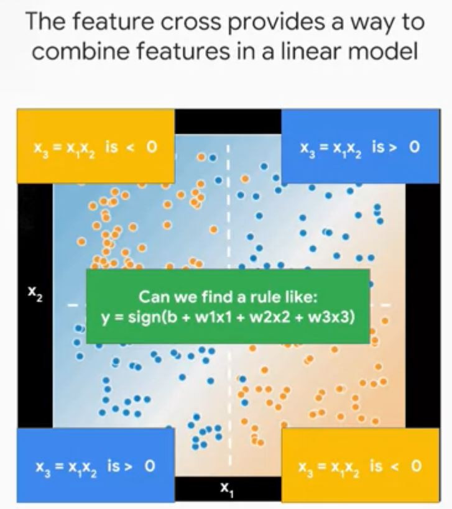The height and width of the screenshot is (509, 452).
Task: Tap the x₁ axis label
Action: point(226,490)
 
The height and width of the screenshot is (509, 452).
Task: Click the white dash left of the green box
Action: point(73,306)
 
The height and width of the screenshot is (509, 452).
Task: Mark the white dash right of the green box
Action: point(385,306)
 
